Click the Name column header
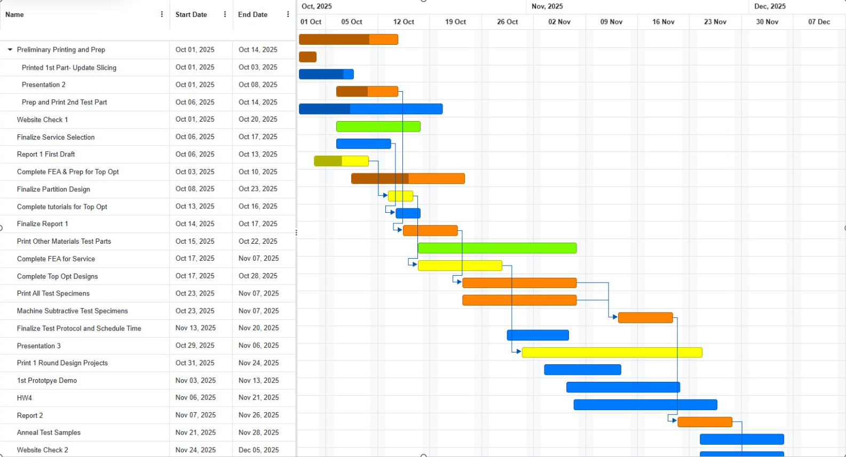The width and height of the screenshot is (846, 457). [x=15, y=14]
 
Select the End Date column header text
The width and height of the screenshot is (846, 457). [x=252, y=14]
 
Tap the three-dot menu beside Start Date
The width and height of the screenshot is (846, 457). [x=225, y=14]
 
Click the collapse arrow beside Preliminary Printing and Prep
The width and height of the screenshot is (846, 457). [x=10, y=50]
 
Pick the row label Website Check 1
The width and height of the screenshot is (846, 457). [x=42, y=119]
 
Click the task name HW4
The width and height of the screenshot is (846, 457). [x=25, y=398]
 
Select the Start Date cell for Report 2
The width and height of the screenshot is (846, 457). [x=195, y=415]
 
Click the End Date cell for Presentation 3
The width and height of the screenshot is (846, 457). [x=258, y=346]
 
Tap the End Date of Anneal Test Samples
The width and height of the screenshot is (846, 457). [x=258, y=432]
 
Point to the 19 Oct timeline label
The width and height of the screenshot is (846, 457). [x=455, y=22]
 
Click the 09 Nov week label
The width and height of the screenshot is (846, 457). [x=611, y=22]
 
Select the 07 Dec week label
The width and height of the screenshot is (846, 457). [x=819, y=22]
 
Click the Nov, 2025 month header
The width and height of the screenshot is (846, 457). [x=547, y=6]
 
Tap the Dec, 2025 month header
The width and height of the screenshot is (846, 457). [x=770, y=6]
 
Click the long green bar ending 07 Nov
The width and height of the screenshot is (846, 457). [x=496, y=248]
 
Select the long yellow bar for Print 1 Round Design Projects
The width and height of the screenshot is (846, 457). [x=612, y=352]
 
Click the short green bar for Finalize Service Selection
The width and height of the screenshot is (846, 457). [x=378, y=126]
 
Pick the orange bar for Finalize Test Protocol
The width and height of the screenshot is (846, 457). [x=645, y=318]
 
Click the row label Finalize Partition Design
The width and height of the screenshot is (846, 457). [x=53, y=189]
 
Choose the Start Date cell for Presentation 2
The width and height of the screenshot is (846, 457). [x=195, y=85]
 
